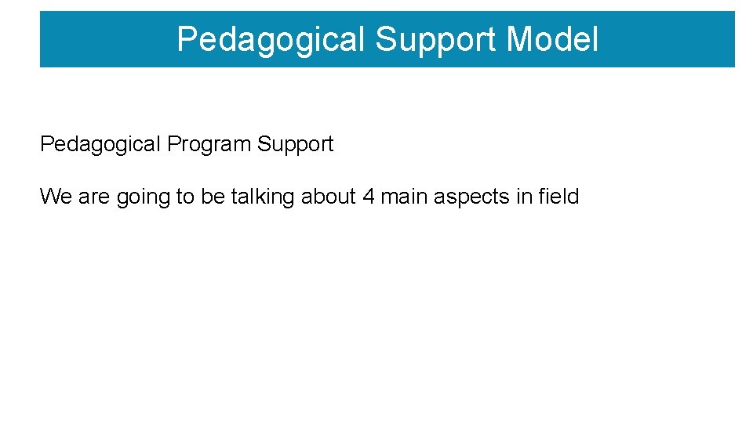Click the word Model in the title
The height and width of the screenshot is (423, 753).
tap(552, 39)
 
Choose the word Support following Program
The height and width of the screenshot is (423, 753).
tap(296, 145)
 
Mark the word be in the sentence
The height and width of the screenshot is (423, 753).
tap(213, 197)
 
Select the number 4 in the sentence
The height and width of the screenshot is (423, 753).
tap(369, 197)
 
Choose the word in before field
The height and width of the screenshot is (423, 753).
tap(524, 197)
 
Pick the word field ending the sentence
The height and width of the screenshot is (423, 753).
tap(558, 197)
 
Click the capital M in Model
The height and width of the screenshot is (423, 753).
tap(520, 39)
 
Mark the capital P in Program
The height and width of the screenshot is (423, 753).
tap(173, 145)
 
